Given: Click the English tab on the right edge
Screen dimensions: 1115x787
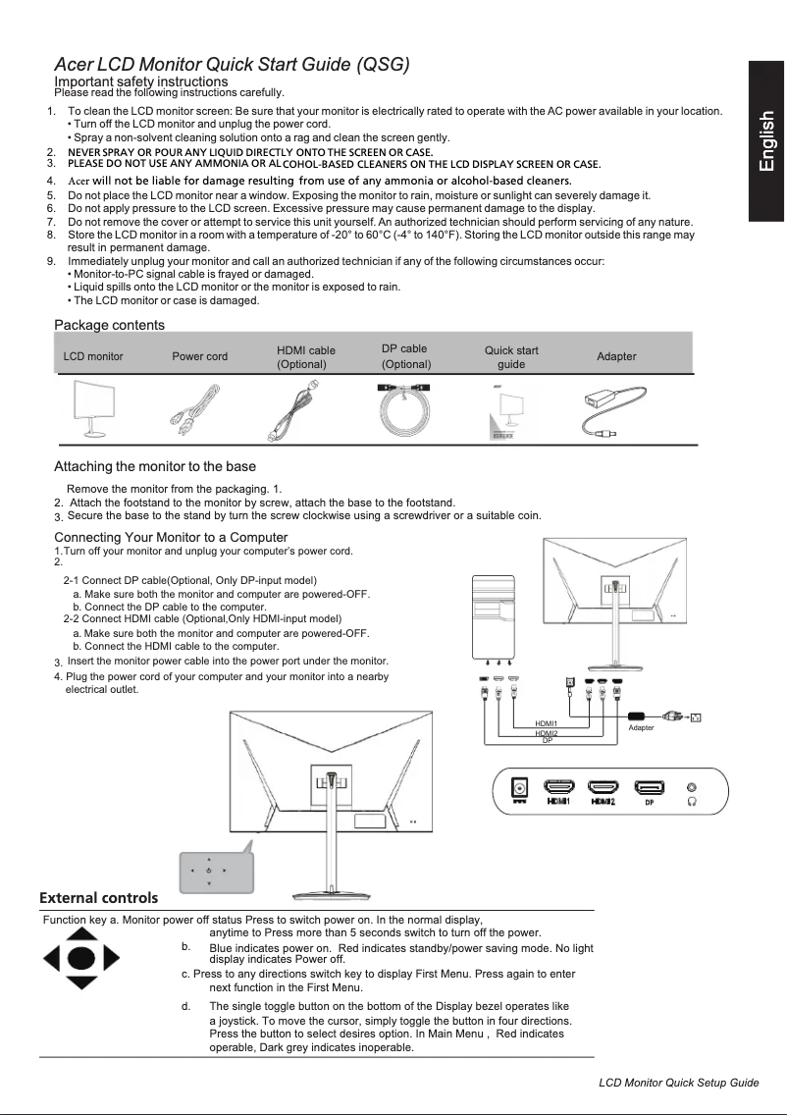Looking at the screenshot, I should [x=766, y=141].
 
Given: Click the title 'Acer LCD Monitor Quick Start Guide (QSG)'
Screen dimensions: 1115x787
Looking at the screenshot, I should [x=232, y=65].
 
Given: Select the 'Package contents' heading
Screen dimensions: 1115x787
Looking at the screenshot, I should [x=109, y=325].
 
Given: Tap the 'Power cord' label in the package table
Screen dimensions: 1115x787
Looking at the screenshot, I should [x=199, y=356].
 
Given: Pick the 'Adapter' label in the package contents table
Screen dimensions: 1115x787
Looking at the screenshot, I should [x=616, y=356].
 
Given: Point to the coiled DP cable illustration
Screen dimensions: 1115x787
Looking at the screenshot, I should [x=407, y=409].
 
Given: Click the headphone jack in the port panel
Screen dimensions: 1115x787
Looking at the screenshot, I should [x=695, y=787].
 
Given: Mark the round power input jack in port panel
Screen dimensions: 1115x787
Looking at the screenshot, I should [x=520, y=787].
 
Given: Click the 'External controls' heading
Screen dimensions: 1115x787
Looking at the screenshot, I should [x=98, y=897].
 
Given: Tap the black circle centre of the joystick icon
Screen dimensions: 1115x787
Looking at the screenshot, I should [x=82, y=957].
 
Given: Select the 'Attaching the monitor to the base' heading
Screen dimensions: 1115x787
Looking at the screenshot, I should [x=154, y=466].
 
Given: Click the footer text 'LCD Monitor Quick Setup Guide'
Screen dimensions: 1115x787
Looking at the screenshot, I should [x=679, y=1082].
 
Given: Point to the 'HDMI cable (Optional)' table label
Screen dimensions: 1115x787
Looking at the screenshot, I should [x=306, y=356].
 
